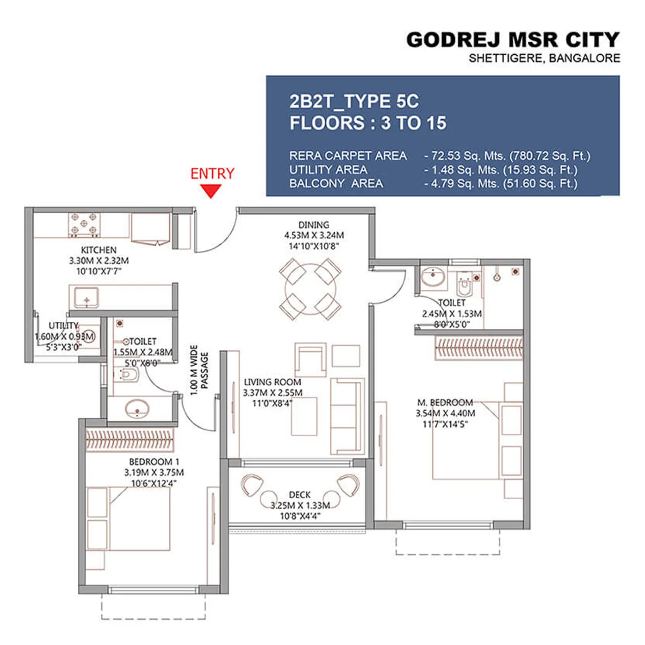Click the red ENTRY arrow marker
coord(211,191)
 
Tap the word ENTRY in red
coord(212,174)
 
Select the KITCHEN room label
coord(99,250)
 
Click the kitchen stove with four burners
coord(84,224)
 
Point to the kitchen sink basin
coord(86,298)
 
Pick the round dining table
coord(310,289)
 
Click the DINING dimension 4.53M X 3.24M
coord(314,235)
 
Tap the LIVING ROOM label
coord(273,382)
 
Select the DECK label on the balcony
coord(300,495)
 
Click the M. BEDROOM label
coord(445,402)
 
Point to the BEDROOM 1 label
coord(154,462)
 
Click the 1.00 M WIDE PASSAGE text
coord(199,370)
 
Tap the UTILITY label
coord(63,325)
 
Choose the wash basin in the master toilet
coord(433,277)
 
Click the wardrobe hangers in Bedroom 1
coord(129,439)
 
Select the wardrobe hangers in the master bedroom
coord(479,348)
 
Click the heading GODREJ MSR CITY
coord(512,40)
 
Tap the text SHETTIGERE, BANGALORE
coord(544,58)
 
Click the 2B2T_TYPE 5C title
coord(354,101)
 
